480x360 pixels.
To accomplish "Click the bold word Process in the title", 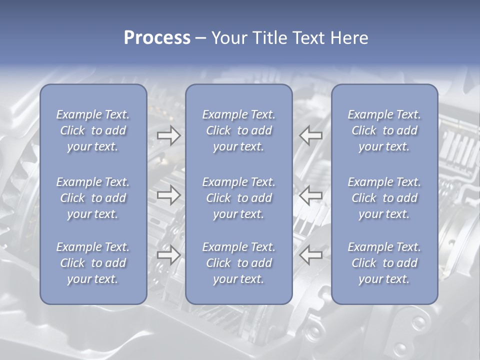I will (x=157, y=38).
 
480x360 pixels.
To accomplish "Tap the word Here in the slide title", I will (x=349, y=38).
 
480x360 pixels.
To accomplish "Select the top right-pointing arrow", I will (x=169, y=135).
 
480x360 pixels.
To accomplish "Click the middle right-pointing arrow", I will (x=169, y=195).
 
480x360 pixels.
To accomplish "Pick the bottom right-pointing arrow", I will (x=169, y=255).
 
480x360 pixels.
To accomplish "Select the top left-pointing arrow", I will (x=310, y=135).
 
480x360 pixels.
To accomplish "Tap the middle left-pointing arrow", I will (x=310, y=195).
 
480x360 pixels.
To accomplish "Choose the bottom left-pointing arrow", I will (x=310, y=255).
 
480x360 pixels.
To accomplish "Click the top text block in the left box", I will (x=93, y=130).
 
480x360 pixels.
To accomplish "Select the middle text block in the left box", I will (x=93, y=198).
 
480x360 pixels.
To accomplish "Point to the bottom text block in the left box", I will (x=93, y=263).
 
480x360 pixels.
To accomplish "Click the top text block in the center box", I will (x=238, y=130).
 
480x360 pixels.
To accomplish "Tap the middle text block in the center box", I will (x=238, y=198).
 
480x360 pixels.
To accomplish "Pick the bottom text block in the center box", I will (x=238, y=263).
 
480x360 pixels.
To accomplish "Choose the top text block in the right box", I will (x=384, y=130).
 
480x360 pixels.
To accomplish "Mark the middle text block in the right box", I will (x=384, y=198).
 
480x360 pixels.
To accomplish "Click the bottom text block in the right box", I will (x=384, y=263).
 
